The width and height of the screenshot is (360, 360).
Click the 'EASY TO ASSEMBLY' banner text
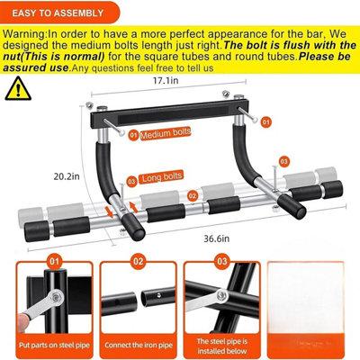pyautogui.click(x=59, y=13)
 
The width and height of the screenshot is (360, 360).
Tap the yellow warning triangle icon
pyautogui.click(x=16, y=87)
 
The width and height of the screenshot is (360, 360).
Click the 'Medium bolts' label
pyautogui.click(x=167, y=136)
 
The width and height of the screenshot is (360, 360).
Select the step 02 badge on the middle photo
pyautogui.click(x=136, y=264)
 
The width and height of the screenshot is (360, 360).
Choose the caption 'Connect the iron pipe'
pyautogui.click(x=136, y=343)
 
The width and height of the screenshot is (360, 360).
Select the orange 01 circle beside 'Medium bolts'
pyautogui.click(x=133, y=136)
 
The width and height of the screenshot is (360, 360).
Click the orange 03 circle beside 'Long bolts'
pyautogui.click(x=131, y=180)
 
